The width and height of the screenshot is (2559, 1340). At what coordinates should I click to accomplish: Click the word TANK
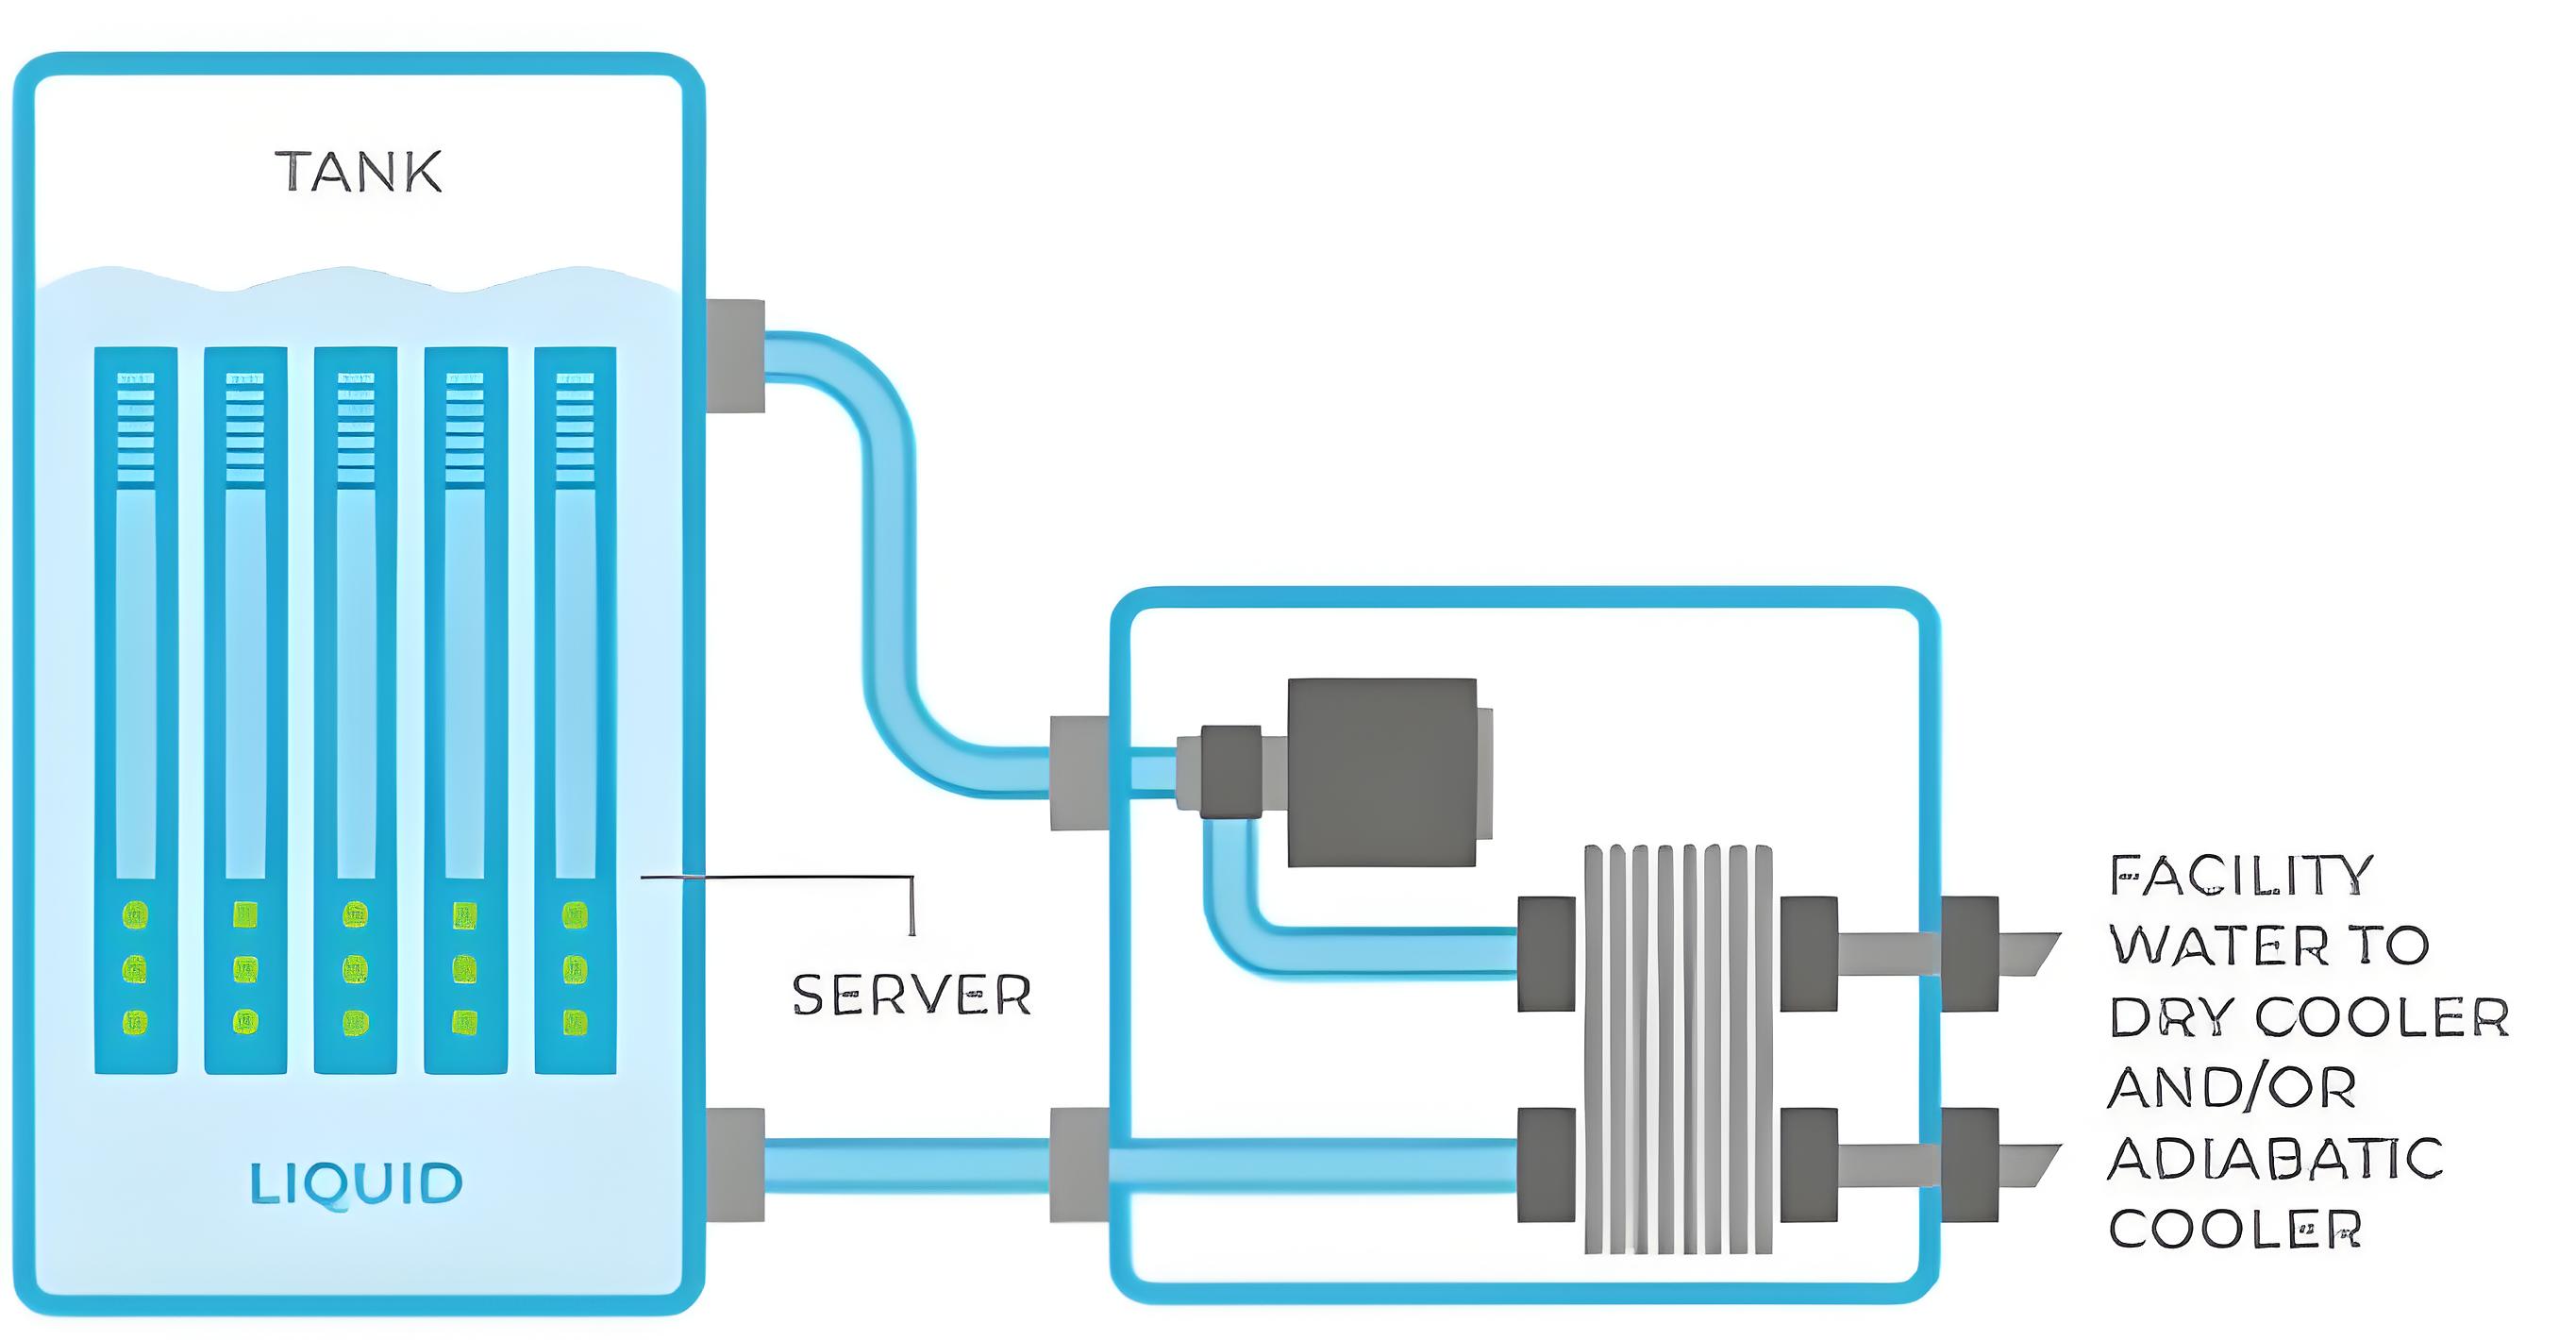(x=358, y=171)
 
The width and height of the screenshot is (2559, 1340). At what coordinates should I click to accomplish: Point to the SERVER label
(x=912, y=995)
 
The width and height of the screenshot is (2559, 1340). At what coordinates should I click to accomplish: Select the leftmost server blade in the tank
(x=136, y=711)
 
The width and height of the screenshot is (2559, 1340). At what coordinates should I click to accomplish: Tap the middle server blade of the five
(x=356, y=711)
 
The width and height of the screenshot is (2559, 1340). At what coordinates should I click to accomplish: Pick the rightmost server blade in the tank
(x=576, y=711)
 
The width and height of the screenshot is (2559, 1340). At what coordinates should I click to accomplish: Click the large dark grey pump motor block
(x=1381, y=772)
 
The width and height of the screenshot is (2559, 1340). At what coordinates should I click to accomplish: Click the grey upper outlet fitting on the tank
(x=735, y=356)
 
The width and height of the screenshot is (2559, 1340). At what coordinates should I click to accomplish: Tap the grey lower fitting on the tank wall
(x=735, y=1164)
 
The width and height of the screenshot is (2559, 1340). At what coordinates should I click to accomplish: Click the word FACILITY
(x=2241, y=875)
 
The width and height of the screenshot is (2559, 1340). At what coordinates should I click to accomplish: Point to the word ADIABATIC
(x=2275, y=1158)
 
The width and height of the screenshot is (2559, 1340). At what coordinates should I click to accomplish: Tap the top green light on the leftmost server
(x=136, y=913)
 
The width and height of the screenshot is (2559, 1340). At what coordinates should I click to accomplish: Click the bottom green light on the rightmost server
(x=576, y=1021)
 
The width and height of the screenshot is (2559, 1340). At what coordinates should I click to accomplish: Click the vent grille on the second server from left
(x=245, y=428)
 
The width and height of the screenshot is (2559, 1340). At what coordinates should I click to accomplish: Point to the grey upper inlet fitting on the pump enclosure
(x=1079, y=772)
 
